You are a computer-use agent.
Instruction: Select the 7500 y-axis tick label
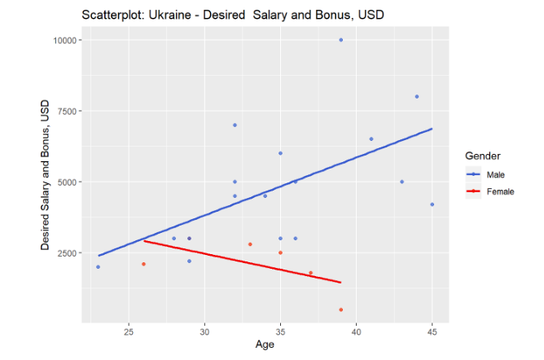click(x=64, y=112)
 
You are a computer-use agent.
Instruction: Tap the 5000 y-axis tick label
click(x=64, y=182)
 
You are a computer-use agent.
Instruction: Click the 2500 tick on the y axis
click(x=64, y=253)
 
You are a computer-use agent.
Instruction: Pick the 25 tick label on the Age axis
click(x=129, y=331)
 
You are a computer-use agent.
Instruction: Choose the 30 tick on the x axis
click(x=204, y=331)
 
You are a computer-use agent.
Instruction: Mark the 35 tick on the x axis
click(x=280, y=331)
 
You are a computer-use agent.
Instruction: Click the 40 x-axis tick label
click(x=356, y=331)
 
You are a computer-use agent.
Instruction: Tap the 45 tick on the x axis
click(x=432, y=331)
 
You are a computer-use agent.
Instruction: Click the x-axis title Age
click(x=265, y=346)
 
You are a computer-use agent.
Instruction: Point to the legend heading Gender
click(x=482, y=156)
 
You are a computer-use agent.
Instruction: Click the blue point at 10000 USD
click(x=341, y=40)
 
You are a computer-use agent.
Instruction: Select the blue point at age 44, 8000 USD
click(x=417, y=96)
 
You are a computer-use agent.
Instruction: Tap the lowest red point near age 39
click(x=341, y=310)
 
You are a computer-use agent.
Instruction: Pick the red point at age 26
click(x=143, y=264)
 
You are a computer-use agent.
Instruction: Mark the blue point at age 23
click(x=98, y=267)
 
